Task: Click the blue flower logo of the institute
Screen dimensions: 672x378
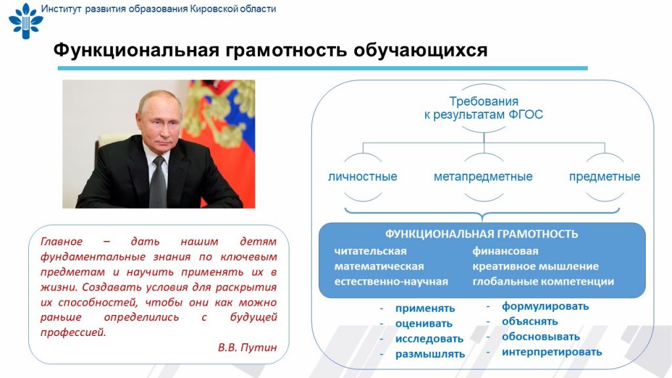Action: [26, 20]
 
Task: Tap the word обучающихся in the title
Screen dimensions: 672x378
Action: [421, 51]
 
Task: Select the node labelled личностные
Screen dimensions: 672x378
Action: [362, 177]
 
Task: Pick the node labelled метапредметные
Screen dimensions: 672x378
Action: [483, 177]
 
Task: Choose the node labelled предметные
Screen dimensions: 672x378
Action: [604, 177]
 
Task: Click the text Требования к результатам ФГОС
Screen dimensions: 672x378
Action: [484, 108]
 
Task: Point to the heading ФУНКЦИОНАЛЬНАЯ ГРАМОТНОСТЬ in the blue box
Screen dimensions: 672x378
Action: [481, 234]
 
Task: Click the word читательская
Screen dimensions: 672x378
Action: [370, 251]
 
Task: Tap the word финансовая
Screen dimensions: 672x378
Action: [505, 251]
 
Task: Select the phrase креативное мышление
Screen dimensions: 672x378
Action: [535, 266]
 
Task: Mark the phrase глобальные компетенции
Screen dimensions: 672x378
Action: [543, 282]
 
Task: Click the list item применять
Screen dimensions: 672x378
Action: [425, 308]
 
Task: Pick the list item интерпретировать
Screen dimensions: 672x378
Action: [552, 352]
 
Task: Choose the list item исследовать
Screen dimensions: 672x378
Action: [429, 339]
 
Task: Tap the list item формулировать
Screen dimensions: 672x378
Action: [545, 306]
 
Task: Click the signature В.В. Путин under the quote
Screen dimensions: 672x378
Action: [247, 347]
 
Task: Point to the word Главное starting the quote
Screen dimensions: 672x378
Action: [61, 241]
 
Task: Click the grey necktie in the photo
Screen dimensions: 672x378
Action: [158, 182]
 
